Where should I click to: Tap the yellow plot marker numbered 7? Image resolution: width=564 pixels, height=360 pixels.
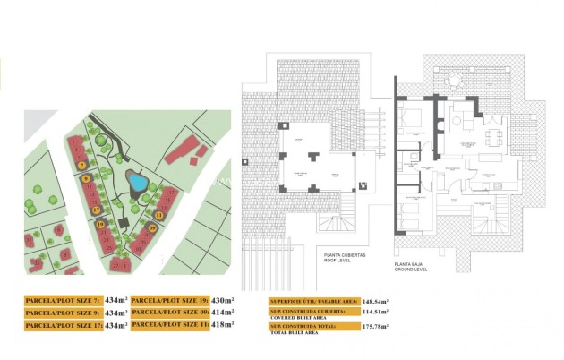click(x=81, y=166)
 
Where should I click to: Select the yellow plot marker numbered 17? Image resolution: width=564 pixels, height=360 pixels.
click(x=96, y=210)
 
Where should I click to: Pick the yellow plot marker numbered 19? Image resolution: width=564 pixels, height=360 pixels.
click(x=100, y=224)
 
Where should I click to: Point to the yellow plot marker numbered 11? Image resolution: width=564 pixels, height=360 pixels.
click(x=159, y=215)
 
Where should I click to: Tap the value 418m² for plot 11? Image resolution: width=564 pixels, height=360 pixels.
click(x=220, y=325)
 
